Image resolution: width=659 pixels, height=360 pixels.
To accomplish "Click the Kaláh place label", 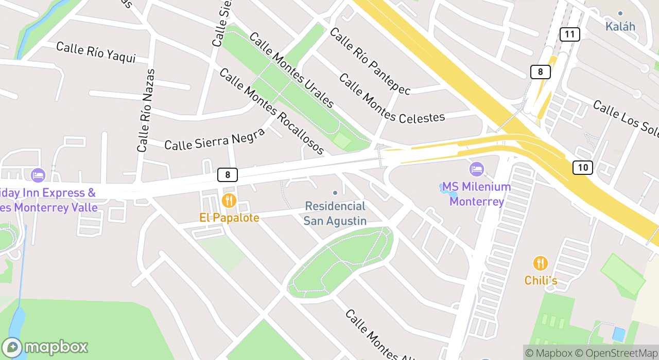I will (x=620, y=26).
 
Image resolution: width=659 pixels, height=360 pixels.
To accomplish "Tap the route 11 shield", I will (x=569, y=34).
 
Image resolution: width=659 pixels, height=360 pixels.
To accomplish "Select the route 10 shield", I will (x=582, y=167).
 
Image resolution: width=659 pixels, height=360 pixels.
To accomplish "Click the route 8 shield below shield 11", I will (x=540, y=72).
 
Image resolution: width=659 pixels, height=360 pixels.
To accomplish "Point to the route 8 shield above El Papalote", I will (x=227, y=175).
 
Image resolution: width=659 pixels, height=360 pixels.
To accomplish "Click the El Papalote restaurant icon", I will (x=229, y=201).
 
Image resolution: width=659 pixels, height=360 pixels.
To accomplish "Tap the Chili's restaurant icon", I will (x=540, y=263).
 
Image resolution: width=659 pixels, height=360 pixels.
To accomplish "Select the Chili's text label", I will (x=541, y=280).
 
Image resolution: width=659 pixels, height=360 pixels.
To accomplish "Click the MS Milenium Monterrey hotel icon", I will (x=476, y=169).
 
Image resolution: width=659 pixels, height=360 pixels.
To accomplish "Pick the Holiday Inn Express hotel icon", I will (x=38, y=175).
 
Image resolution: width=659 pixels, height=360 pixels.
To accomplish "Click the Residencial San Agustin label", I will (x=335, y=213).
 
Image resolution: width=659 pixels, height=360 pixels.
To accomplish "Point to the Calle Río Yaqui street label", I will (x=96, y=52).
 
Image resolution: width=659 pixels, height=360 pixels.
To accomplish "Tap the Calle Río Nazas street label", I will (x=146, y=111).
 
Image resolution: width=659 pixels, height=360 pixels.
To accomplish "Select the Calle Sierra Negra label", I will (x=214, y=138).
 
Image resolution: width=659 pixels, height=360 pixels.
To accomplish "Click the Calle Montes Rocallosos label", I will (x=271, y=111).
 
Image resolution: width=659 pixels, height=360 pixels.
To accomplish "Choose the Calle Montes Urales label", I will (x=291, y=70).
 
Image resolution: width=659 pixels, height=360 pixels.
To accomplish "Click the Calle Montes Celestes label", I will (x=391, y=99).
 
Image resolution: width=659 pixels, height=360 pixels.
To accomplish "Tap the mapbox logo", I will (x=45, y=347).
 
